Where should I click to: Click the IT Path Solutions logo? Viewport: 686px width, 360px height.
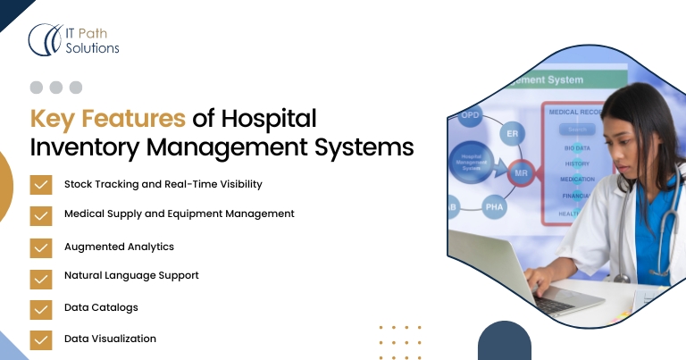74,39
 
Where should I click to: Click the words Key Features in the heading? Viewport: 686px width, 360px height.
108,119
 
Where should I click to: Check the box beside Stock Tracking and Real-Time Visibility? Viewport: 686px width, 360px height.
40,185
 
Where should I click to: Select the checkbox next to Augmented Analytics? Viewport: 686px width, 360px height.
40,247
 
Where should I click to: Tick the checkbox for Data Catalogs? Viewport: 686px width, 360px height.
40,309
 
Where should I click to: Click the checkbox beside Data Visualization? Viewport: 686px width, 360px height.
40,339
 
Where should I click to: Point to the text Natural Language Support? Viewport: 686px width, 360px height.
131,276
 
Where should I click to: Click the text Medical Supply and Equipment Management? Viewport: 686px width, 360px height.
179,214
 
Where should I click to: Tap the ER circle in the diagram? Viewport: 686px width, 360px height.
513,133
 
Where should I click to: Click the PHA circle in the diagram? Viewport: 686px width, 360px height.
495,207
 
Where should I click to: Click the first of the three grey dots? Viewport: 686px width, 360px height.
37,88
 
